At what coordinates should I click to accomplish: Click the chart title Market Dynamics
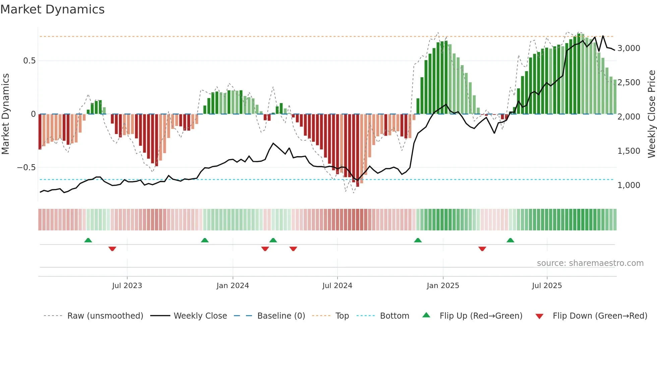[x=52, y=9]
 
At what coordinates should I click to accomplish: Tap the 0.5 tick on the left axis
[x=29, y=61]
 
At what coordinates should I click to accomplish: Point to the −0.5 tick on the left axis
[x=26, y=167]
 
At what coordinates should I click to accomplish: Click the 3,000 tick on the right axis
[x=629, y=48]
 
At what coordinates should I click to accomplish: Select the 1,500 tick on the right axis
[x=629, y=151]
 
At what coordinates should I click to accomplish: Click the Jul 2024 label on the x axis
[x=337, y=286]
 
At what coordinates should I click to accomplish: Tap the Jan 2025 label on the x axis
[x=443, y=286]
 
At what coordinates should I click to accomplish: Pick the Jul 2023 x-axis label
[x=127, y=286]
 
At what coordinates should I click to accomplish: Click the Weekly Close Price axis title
[x=651, y=114]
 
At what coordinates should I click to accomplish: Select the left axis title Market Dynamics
[x=5, y=114]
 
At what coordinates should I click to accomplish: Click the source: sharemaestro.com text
[x=590, y=263]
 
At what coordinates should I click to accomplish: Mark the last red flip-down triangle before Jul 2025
[x=482, y=249]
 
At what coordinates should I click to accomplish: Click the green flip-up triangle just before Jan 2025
[x=418, y=240]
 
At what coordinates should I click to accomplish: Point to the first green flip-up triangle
[x=88, y=240]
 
